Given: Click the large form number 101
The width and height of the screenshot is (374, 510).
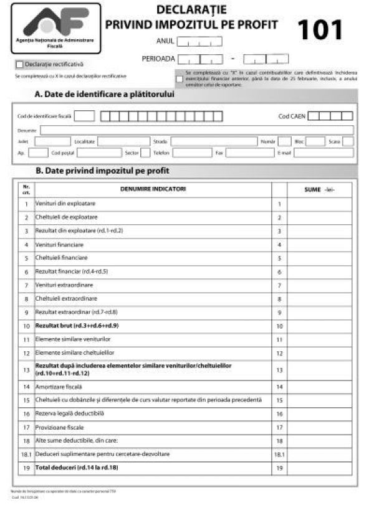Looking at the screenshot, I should point(320,30).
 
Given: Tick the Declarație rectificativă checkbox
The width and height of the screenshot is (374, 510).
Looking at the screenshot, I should point(19,64).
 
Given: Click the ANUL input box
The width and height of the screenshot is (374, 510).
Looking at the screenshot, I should point(200,42).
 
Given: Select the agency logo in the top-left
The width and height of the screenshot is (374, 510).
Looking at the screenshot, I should point(55,28).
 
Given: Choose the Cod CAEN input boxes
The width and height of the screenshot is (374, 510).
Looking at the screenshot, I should point(330,116).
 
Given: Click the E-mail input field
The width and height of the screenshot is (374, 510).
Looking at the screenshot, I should point(324,152).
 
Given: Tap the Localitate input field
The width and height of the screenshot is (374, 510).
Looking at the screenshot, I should point(123,141).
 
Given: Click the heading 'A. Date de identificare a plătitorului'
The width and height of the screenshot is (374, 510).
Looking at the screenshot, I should point(104,95).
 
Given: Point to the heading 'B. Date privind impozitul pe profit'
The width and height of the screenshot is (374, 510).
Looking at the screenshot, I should point(103,170).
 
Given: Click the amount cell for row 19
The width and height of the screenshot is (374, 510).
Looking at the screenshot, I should point(319,467).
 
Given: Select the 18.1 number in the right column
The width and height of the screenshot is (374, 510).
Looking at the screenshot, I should point(279,453).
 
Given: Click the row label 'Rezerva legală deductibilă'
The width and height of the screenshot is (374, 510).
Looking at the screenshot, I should point(69,413).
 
